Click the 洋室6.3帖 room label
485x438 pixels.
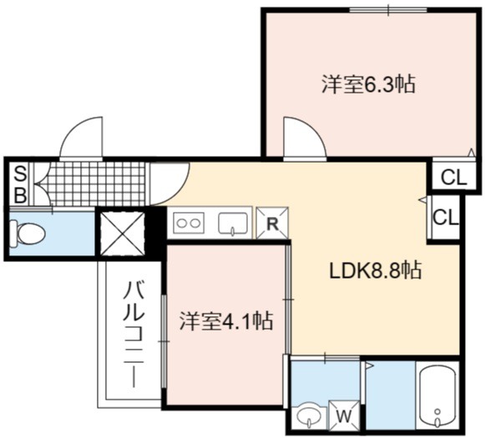point(368,84)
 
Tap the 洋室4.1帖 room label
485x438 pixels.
point(226,321)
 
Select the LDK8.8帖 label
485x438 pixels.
point(376,270)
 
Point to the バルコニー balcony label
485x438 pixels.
point(134,334)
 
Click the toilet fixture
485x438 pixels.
point(28,234)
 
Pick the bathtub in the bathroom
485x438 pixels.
point(437,397)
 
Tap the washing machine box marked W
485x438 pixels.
point(344,416)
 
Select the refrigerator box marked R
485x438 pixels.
point(272,224)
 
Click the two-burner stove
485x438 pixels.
point(189,223)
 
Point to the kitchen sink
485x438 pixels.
point(233,224)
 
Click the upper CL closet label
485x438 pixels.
point(453,178)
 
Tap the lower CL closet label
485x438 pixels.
point(446,217)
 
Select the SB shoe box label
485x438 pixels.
point(20,184)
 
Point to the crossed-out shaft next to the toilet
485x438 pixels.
point(123,234)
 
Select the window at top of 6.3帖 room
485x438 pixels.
point(388,10)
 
